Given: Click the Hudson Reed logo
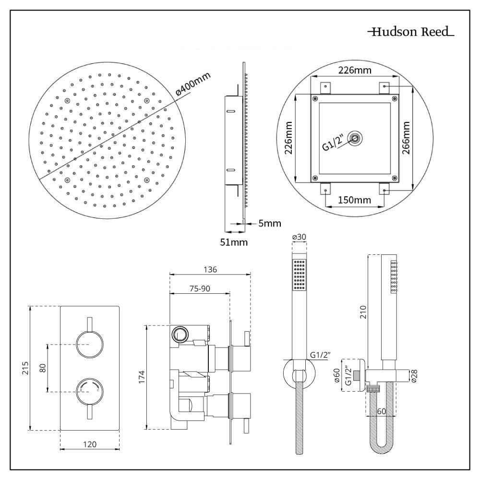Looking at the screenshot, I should coord(411,33).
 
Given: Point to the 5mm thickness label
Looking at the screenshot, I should coord(269,223).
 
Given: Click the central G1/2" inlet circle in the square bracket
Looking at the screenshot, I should coord(355,139).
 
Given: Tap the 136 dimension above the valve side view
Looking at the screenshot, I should coord(210,269).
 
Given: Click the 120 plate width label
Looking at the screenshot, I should coord(89,444).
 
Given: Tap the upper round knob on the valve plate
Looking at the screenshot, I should coord(89,345).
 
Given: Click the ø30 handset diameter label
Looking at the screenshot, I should coord(299,237).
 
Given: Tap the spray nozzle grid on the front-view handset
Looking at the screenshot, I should coord(300,276).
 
